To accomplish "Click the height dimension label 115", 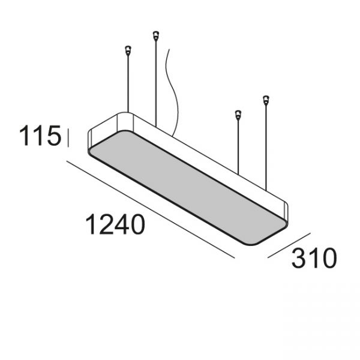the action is [40, 136].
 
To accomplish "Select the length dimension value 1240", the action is [115, 224].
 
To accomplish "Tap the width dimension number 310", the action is [314, 257].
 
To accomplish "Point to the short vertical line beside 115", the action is [68, 138].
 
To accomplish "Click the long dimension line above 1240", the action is [151, 209].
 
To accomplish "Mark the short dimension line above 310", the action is [289, 245].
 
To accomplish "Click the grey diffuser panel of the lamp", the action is [188, 188].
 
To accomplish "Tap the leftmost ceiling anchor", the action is [128, 50].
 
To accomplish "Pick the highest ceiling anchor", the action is [156, 36].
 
